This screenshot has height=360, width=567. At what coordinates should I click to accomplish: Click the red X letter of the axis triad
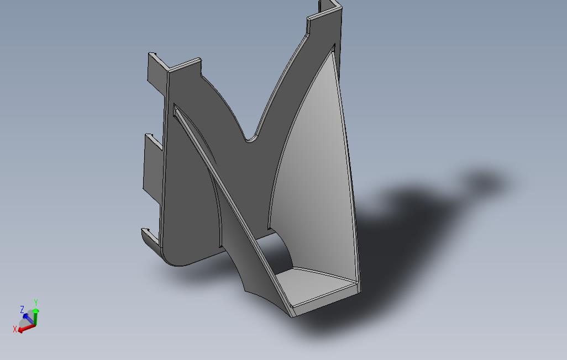tap(15, 329)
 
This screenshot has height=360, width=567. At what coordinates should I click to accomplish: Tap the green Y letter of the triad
tap(35, 302)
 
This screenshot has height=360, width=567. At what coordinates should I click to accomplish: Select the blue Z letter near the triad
tap(22, 309)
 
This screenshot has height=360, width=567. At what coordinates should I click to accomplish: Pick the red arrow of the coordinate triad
tap(25, 328)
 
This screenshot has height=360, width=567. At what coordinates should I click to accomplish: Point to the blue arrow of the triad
tap(27, 317)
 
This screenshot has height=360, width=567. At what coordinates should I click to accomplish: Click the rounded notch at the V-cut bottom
tap(251, 138)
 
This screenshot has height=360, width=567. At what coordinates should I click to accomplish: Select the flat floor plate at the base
tap(315, 284)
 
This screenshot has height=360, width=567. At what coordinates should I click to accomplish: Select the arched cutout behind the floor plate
tap(285, 251)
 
